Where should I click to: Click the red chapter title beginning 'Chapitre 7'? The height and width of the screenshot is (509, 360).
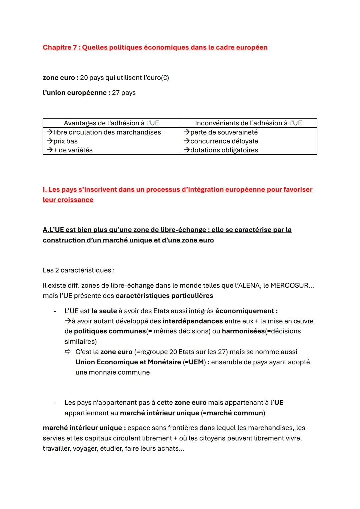pos(155,47)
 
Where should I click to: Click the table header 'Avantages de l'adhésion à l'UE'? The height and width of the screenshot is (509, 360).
pos(111,123)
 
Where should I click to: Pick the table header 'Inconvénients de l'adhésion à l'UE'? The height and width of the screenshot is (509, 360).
pos(248,123)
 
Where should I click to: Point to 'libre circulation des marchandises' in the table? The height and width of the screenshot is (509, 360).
pos(107,132)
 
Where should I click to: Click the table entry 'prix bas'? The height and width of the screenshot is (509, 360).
pos(65,141)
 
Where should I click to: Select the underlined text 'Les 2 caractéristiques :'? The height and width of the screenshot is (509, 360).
pos(79,270)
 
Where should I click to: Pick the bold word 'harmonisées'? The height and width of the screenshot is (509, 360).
pos(243,331)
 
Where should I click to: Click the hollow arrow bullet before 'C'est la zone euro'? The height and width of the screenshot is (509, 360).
pos(68,352)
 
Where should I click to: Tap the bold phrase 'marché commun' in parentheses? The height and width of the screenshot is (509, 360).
pos(235,413)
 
